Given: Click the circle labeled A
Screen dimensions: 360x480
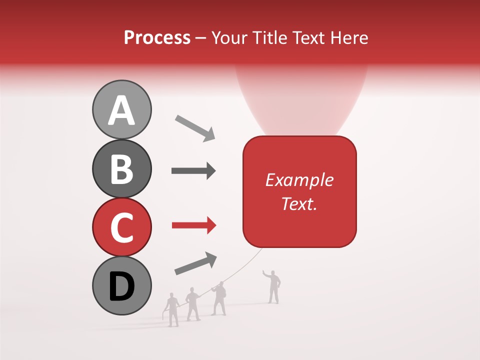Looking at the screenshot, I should (x=121, y=109).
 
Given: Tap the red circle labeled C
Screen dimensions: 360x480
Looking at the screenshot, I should (x=121, y=227).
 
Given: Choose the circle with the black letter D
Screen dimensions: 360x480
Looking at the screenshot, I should (x=121, y=285).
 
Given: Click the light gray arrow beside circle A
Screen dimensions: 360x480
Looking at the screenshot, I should (x=195, y=128).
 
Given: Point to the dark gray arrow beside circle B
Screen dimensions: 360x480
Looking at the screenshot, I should (x=193, y=171).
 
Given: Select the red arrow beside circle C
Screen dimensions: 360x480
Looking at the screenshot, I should (x=193, y=226).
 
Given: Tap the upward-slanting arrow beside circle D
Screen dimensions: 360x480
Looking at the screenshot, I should (x=195, y=263).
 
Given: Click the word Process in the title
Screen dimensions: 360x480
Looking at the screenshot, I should (x=157, y=37).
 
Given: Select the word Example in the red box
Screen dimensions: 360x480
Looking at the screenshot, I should (x=299, y=180).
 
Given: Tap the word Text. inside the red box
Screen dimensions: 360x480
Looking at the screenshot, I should (x=299, y=203).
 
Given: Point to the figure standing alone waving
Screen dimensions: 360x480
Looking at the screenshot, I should (x=273, y=286).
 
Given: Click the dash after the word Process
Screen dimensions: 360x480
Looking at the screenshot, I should (x=201, y=38).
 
